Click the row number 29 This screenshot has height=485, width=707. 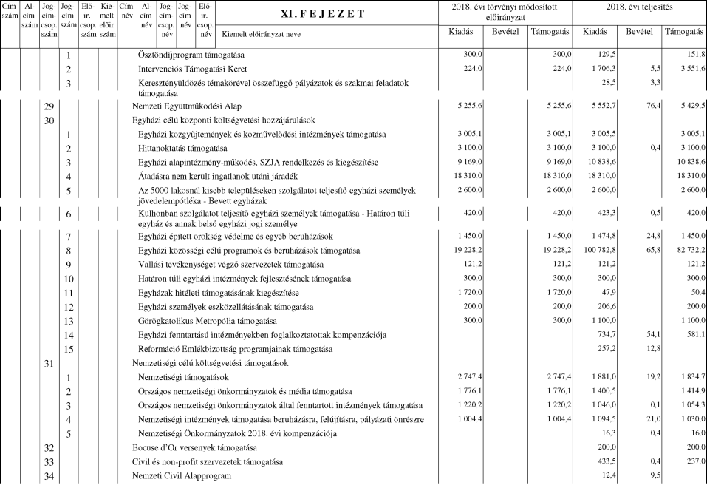tap(49, 106)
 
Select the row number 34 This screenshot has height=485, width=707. tap(49, 475)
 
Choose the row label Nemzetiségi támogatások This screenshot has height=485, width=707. tap(183, 377)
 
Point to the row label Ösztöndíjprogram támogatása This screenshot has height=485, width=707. tap(191, 55)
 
